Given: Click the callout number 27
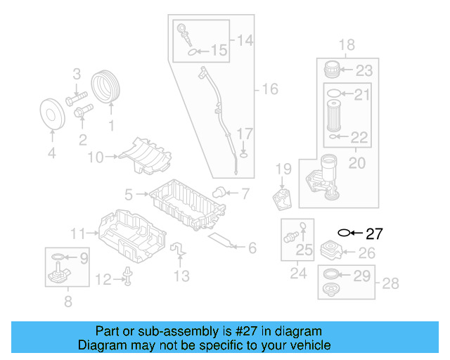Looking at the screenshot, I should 374,234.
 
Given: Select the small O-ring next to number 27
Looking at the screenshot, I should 344,232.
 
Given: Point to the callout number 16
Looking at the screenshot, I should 270,89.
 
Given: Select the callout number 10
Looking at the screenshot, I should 95,157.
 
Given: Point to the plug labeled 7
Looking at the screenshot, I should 220,192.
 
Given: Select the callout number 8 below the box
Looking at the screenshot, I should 67,303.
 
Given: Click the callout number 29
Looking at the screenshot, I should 361,276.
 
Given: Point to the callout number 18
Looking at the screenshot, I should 347,46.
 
